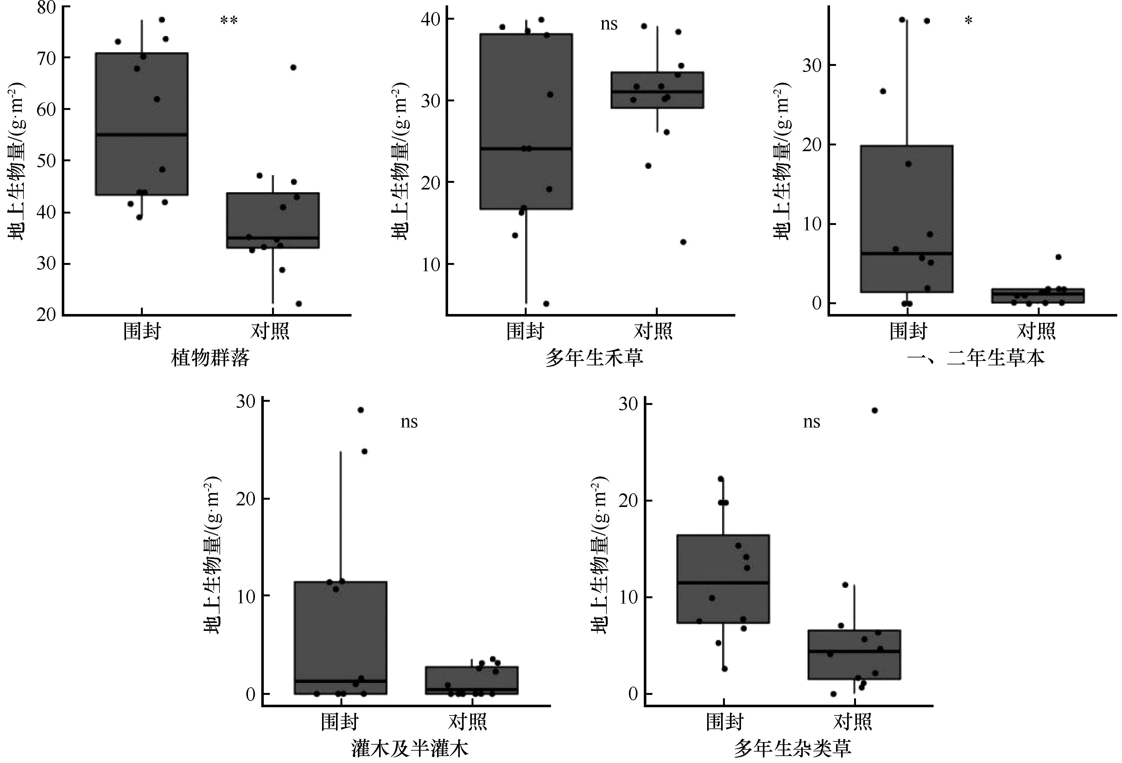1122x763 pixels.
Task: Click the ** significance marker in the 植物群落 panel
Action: click(x=229, y=21)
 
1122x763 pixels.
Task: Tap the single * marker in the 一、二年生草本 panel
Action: click(x=968, y=21)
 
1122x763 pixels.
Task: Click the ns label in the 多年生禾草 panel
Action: click(x=609, y=24)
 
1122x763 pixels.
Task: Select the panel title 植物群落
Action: click(x=211, y=358)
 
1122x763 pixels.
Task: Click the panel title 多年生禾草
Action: click(x=594, y=358)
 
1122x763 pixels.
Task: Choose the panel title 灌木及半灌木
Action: click(x=409, y=748)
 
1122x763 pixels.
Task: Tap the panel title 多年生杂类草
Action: click(x=792, y=748)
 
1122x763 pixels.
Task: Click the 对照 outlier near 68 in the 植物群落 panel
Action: click(x=293, y=67)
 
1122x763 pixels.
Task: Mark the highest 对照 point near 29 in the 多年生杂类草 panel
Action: click(x=874, y=410)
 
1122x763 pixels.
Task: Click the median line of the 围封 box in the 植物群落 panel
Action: click(x=142, y=134)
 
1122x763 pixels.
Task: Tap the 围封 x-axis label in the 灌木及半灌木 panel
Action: click(x=340, y=722)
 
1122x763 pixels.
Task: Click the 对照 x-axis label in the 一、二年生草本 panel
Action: click(x=1036, y=331)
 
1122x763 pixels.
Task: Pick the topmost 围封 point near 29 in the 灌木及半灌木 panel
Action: click(x=360, y=410)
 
